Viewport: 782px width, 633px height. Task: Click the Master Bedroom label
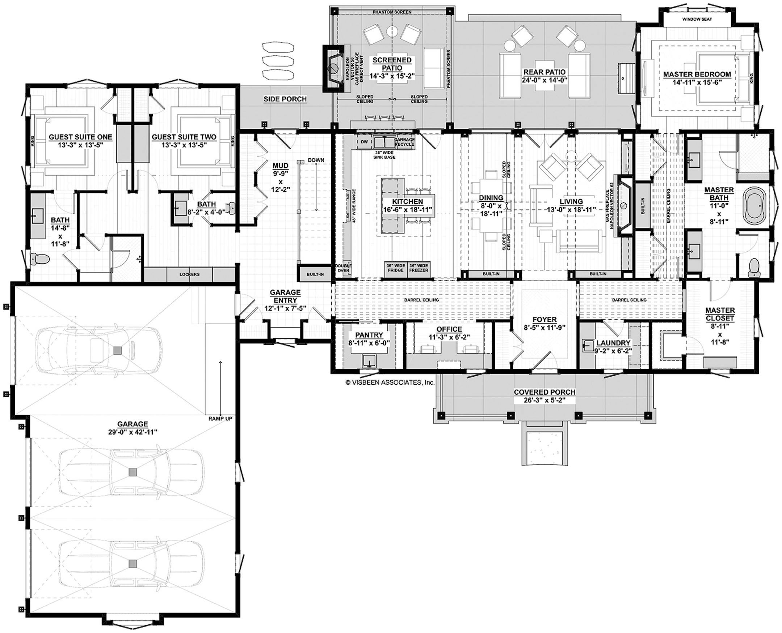tap(697, 75)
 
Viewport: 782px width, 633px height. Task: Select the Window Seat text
tap(697, 19)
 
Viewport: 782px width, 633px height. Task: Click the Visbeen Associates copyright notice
tap(390, 382)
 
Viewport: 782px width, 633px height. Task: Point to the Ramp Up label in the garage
tap(220, 419)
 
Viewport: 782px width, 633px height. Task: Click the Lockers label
tap(189, 274)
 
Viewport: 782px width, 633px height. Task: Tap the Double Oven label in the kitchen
tap(343, 268)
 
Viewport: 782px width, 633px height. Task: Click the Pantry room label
tap(369, 335)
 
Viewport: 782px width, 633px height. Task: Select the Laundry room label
tap(613, 343)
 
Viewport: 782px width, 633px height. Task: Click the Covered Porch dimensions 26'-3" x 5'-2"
tap(545, 400)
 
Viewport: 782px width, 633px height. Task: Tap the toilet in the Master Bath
tap(753, 267)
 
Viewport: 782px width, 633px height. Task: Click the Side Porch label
tap(285, 99)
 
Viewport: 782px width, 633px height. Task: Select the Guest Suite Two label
tap(184, 137)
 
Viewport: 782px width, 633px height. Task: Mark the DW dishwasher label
tap(364, 142)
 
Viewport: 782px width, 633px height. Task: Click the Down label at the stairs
tap(316, 160)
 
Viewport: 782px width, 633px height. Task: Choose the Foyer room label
tap(545, 320)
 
